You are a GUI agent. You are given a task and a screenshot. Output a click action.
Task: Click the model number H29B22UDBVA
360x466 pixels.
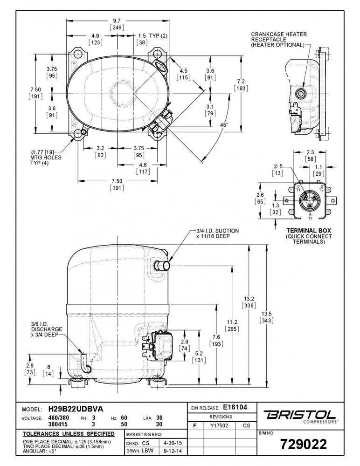[76, 409]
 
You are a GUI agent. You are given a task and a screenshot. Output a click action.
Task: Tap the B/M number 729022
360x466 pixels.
[304, 444]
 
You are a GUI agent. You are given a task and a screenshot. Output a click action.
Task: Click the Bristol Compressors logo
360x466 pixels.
[300, 416]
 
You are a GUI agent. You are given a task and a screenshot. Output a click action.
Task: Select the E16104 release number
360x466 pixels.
[235, 407]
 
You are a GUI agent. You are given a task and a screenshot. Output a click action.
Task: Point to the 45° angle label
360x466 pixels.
[224, 125]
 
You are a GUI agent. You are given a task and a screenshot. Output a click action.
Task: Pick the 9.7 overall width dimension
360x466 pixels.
[117, 21]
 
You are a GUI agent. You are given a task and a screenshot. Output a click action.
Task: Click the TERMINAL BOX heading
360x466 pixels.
[309, 231]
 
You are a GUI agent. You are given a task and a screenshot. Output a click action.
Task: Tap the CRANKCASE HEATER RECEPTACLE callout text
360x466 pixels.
[278, 40]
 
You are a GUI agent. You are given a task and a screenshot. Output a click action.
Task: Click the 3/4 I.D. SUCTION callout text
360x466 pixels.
[217, 233]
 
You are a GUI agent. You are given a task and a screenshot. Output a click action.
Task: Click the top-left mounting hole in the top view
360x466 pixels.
[78, 54]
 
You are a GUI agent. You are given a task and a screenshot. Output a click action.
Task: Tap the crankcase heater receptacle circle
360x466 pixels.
[300, 94]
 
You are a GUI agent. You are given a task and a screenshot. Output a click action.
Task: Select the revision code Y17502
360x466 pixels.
[219, 425]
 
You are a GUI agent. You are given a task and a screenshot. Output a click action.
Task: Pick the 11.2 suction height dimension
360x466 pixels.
[232, 322]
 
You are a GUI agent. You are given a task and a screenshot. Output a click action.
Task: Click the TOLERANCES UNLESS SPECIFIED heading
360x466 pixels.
[69, 434]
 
